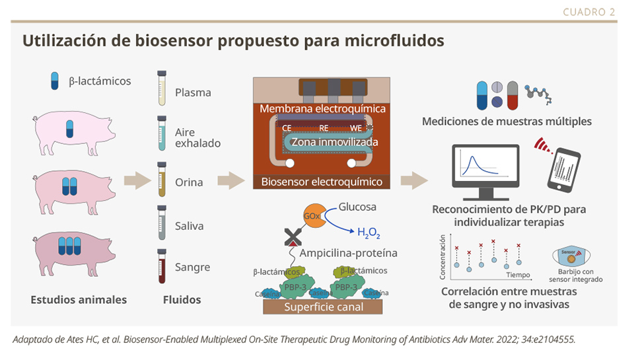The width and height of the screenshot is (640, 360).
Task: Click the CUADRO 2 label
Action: tap(589, 11)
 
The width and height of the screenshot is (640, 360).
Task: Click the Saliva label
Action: tap(189, 226)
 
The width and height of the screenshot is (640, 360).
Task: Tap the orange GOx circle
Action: tap(314, 215)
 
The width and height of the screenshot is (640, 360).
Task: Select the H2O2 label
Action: tap(369, 232)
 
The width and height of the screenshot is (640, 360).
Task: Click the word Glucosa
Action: tap(357, 207)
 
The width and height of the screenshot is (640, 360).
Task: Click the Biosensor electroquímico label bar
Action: tap(322, 182)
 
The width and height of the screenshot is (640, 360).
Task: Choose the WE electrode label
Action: tap(356, 127)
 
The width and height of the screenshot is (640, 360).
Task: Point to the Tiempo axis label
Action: tap(518, 274)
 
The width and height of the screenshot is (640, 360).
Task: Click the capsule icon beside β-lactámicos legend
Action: tap(55, 81)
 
